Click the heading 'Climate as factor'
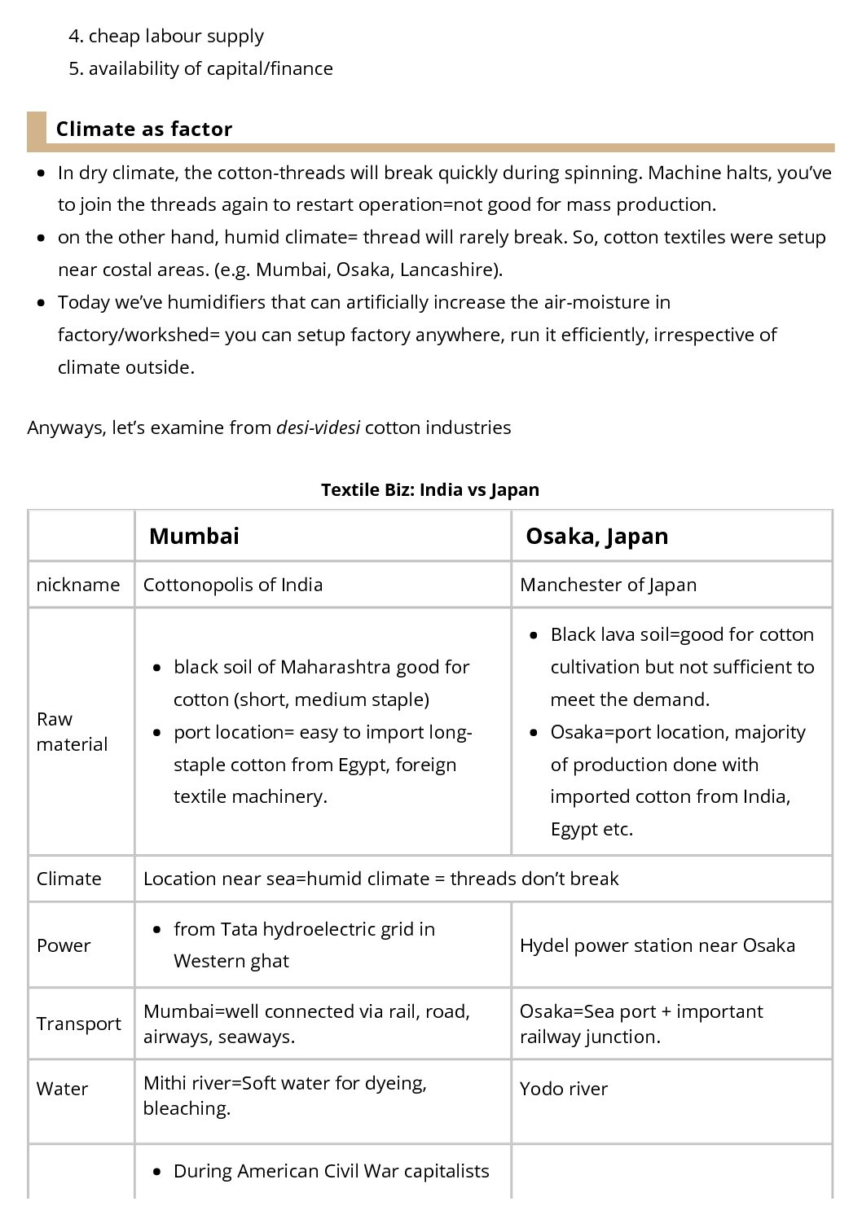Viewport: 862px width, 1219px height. (144, 129)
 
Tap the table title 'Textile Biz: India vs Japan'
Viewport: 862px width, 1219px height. (429, 489)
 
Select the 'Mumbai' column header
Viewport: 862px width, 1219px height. (194, 536)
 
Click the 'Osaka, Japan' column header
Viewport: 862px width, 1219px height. (596, 536)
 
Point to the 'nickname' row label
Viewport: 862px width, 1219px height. (78, 585)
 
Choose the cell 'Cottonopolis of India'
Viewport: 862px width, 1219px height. (233, 585)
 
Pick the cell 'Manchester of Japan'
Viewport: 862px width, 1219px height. (608, 585)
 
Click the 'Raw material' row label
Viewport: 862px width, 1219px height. (72, 731)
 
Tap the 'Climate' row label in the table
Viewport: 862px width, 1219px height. (69, 879)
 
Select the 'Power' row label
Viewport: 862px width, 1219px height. (64, 945)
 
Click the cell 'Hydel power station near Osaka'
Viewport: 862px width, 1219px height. (657, 945)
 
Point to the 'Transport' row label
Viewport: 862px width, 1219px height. (79, 1024)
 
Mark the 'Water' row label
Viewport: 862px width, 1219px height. (62, 1089)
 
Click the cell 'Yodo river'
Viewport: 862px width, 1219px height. (564, 1089)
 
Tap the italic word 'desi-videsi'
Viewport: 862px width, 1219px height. (318, 428)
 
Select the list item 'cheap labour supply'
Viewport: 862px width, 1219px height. (176, 36)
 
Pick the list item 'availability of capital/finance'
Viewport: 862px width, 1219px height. (210, 68)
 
